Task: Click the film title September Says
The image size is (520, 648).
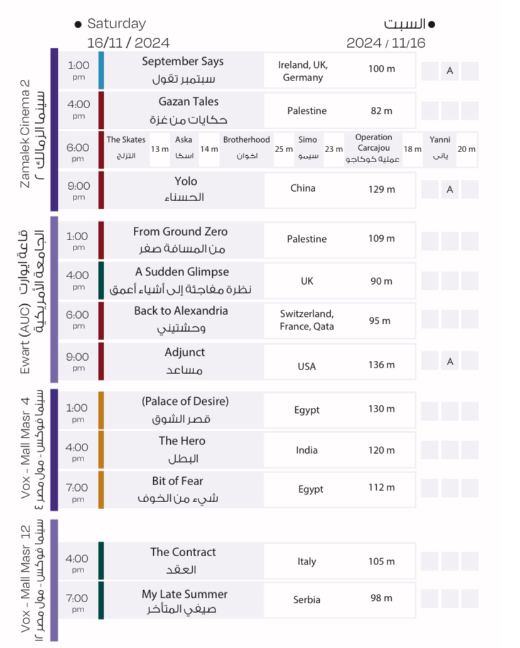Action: pos(183,62)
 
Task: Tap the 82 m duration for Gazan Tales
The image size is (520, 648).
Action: pos(381,111)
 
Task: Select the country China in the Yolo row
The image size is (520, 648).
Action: pos(303,188)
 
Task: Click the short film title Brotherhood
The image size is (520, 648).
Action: pos(246,140)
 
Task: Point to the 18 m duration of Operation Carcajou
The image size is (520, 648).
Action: pos(413,149)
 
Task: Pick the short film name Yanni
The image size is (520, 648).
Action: pos(440,140)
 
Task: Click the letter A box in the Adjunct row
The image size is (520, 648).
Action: pos(450,361)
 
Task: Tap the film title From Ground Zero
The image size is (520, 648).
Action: pos(180,232)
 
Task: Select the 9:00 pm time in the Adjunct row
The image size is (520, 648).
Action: pos(79,357)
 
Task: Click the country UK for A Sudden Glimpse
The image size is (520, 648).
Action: pos(306,281)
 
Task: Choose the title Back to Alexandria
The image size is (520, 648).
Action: pos(181,311)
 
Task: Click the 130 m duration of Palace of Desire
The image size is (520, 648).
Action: pos(381,409)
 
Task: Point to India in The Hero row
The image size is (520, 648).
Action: pos(307,450)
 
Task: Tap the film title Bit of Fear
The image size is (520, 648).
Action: pos(178,481)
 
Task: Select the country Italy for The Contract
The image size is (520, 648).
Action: pos(307,561)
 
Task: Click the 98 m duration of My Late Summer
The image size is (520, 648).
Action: pos(381,598)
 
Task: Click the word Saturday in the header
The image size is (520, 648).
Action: pos(116,24)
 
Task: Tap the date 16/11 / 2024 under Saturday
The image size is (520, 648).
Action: pos(128,43)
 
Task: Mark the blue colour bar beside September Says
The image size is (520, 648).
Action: pos(101,70)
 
